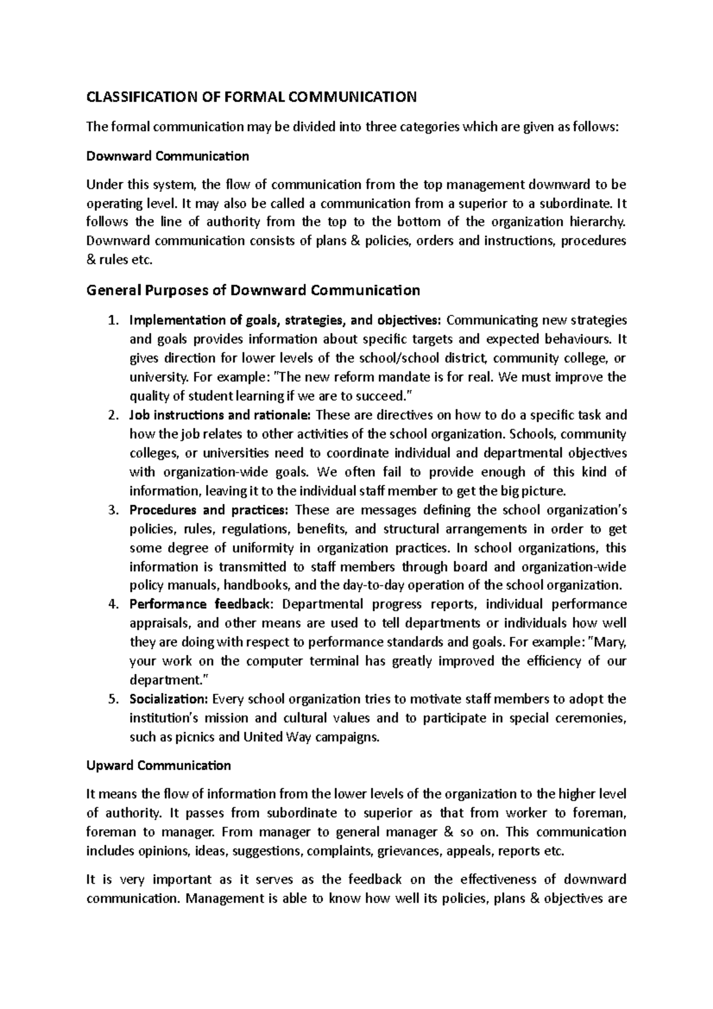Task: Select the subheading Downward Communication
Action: [x=168, y=156]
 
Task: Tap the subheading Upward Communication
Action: [x=158, y=765]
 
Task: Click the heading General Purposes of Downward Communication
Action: [x=253, y=291]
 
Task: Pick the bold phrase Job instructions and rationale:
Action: [x=220, y=415]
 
